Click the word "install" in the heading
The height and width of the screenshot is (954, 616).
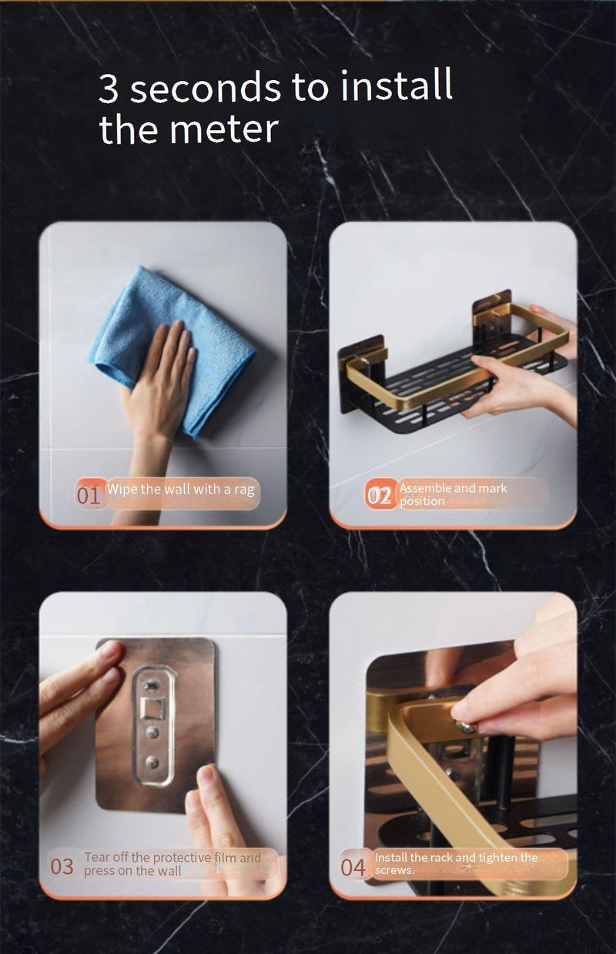(x=397, y=85)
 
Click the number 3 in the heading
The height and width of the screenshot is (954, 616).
(x=109, y=89)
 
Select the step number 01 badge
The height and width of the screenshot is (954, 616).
(x=89, y=495)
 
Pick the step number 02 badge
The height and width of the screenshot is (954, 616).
(x=380, y=495)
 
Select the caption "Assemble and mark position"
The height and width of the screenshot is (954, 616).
(x=454, y=494)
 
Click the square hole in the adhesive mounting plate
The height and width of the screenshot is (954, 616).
(x=152, y=710)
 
